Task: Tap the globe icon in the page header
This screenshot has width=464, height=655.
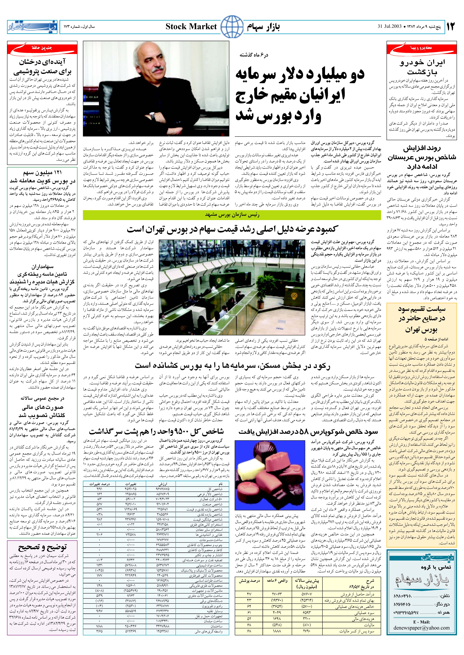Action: pyautogui.click(x=232, y=27)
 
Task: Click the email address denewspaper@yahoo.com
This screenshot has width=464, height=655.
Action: pyautogui.click(x=421, y=628)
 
